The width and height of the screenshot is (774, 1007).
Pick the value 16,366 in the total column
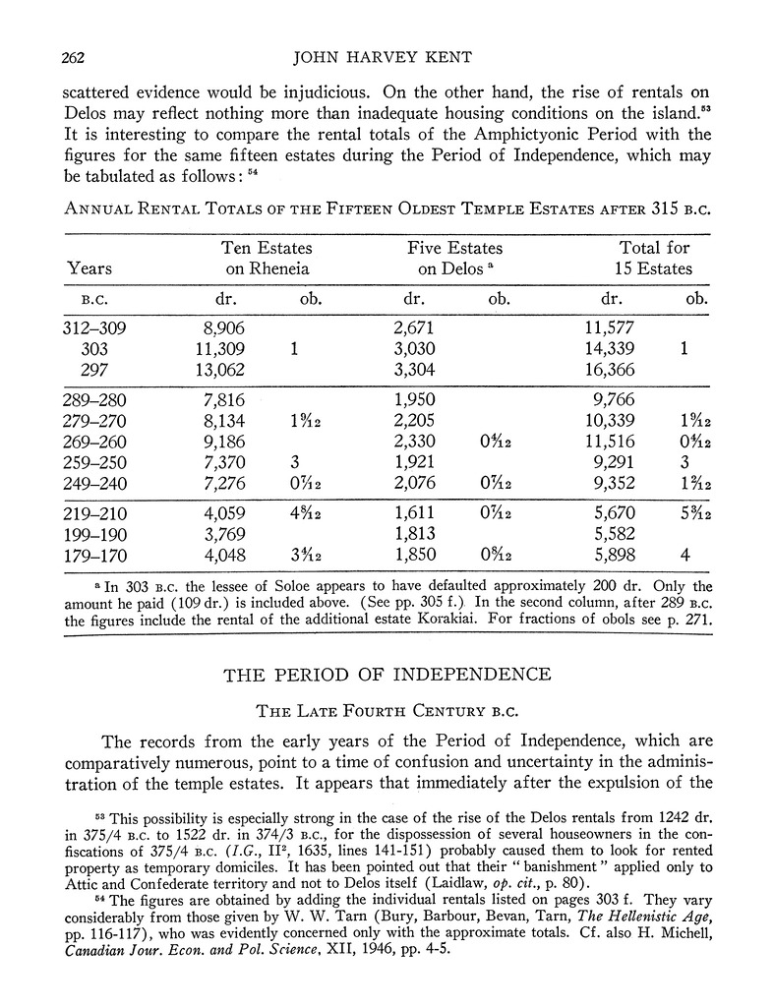pos(610,370)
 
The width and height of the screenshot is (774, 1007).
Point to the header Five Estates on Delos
pos(453,258)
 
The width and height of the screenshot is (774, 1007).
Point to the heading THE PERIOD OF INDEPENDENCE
pos(386,675)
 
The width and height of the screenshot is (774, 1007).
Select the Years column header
pos(89,268)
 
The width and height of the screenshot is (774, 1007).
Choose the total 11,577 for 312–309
pos(610,329)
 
